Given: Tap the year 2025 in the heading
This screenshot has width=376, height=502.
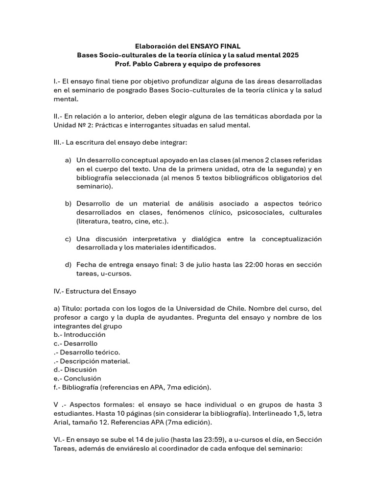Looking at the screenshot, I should (289, 55).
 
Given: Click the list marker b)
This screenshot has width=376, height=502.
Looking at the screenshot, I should (68, 203).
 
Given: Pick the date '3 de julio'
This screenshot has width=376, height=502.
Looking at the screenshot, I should (194, 265).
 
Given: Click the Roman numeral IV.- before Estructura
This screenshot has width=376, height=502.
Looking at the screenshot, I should (61, 291).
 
